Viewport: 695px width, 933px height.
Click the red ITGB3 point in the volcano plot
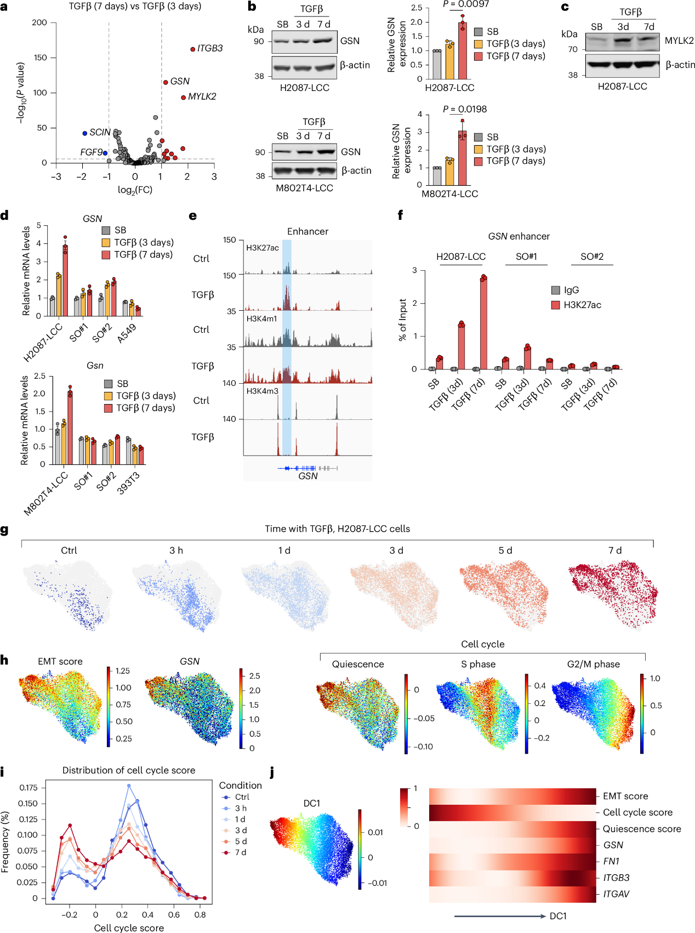pos(193,49)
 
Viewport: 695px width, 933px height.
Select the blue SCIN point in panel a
pos(85,133)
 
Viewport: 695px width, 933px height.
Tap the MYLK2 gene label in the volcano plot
pos(202,96)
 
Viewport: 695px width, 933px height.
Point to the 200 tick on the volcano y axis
pos(39,22)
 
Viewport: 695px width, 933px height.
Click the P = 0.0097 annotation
pos(466,4)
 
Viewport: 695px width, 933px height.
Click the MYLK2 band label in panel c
pos(679,41)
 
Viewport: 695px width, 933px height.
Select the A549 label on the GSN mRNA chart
pos(127,333)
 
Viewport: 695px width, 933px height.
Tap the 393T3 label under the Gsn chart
pos(129,483)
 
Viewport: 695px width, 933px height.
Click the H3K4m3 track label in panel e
pos(262,391)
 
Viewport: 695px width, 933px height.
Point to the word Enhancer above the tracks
pos(307,231)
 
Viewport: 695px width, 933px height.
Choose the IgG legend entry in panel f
pos(571,290)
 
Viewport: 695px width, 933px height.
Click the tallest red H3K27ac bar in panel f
pos(483,323)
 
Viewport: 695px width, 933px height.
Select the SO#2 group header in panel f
pos(591,257)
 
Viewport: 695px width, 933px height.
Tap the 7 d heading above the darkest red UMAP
pos(614,550)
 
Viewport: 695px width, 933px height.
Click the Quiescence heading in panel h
pos(358,664)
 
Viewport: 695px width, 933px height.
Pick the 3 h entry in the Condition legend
pos(241,808)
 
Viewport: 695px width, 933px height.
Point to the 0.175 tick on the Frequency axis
pos(29,788)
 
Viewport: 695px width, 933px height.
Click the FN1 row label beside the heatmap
pos(611,861)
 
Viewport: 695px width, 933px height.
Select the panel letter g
pos(4,530)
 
